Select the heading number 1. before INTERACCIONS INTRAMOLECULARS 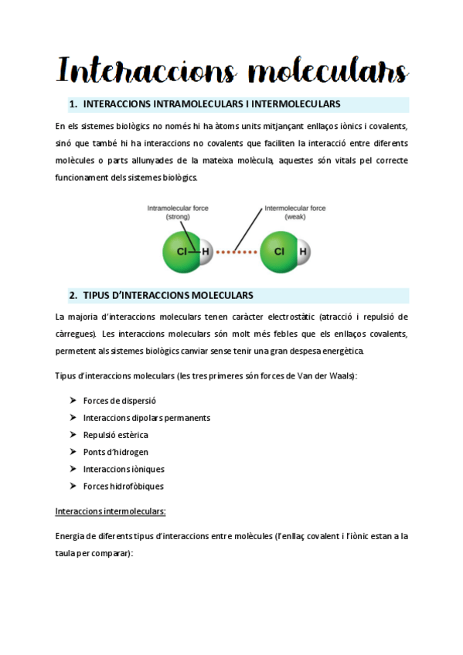[73, 104]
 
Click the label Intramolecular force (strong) [178, 212]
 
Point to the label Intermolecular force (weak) [295, 212]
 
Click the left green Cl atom [180, 252]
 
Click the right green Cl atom [278, 252]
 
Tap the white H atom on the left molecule [206, 252]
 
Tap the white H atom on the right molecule [303, 252]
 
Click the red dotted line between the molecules [236, 252]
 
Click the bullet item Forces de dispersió [120, 401]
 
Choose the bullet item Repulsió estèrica [116, 435]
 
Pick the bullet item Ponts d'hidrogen [116, 452]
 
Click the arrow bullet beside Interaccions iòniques [72, 469]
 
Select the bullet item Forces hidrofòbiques [124, 486]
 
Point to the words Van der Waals [328, 376]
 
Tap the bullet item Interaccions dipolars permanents [147, 418]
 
